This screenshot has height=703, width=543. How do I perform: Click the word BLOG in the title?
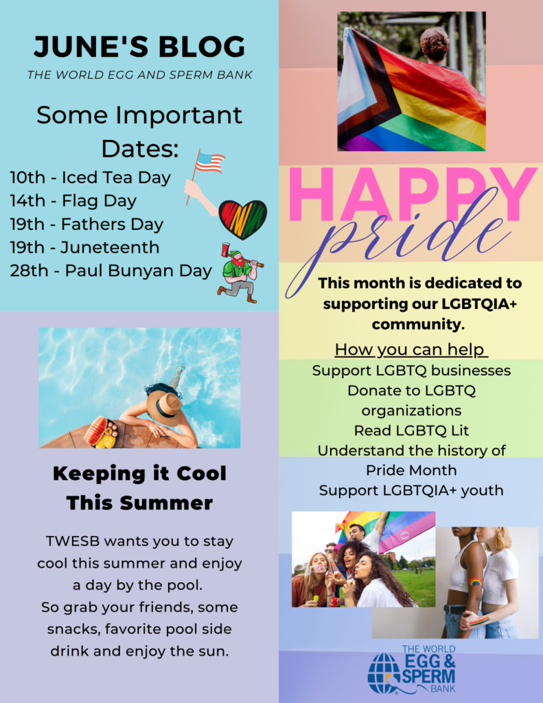tap(201, 47)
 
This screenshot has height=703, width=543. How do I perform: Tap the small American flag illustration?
tap(209, 162)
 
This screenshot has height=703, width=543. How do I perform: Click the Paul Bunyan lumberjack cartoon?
tap(240, 273)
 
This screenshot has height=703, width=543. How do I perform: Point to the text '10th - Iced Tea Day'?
tap(90, 178)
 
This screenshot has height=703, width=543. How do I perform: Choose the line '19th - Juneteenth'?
tap(84, 247)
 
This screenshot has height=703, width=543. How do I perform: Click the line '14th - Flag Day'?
tap(73, 201)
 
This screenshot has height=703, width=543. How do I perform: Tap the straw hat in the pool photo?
tap(163, 408)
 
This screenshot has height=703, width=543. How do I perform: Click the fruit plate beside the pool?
tap(102, 433)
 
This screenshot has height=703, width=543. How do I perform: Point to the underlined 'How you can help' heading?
tap(411, 349)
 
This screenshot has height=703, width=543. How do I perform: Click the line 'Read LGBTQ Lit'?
tap(411, 430)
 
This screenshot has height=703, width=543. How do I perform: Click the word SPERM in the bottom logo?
tap(429, 676)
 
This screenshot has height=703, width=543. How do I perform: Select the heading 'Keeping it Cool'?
tap(139, 474)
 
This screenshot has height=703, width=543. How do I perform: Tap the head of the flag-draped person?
tap(434, 43)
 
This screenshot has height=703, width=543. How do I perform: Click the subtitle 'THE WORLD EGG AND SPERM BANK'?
tap(139, 75)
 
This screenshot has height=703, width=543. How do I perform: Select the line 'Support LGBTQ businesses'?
tap(411, 371)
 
